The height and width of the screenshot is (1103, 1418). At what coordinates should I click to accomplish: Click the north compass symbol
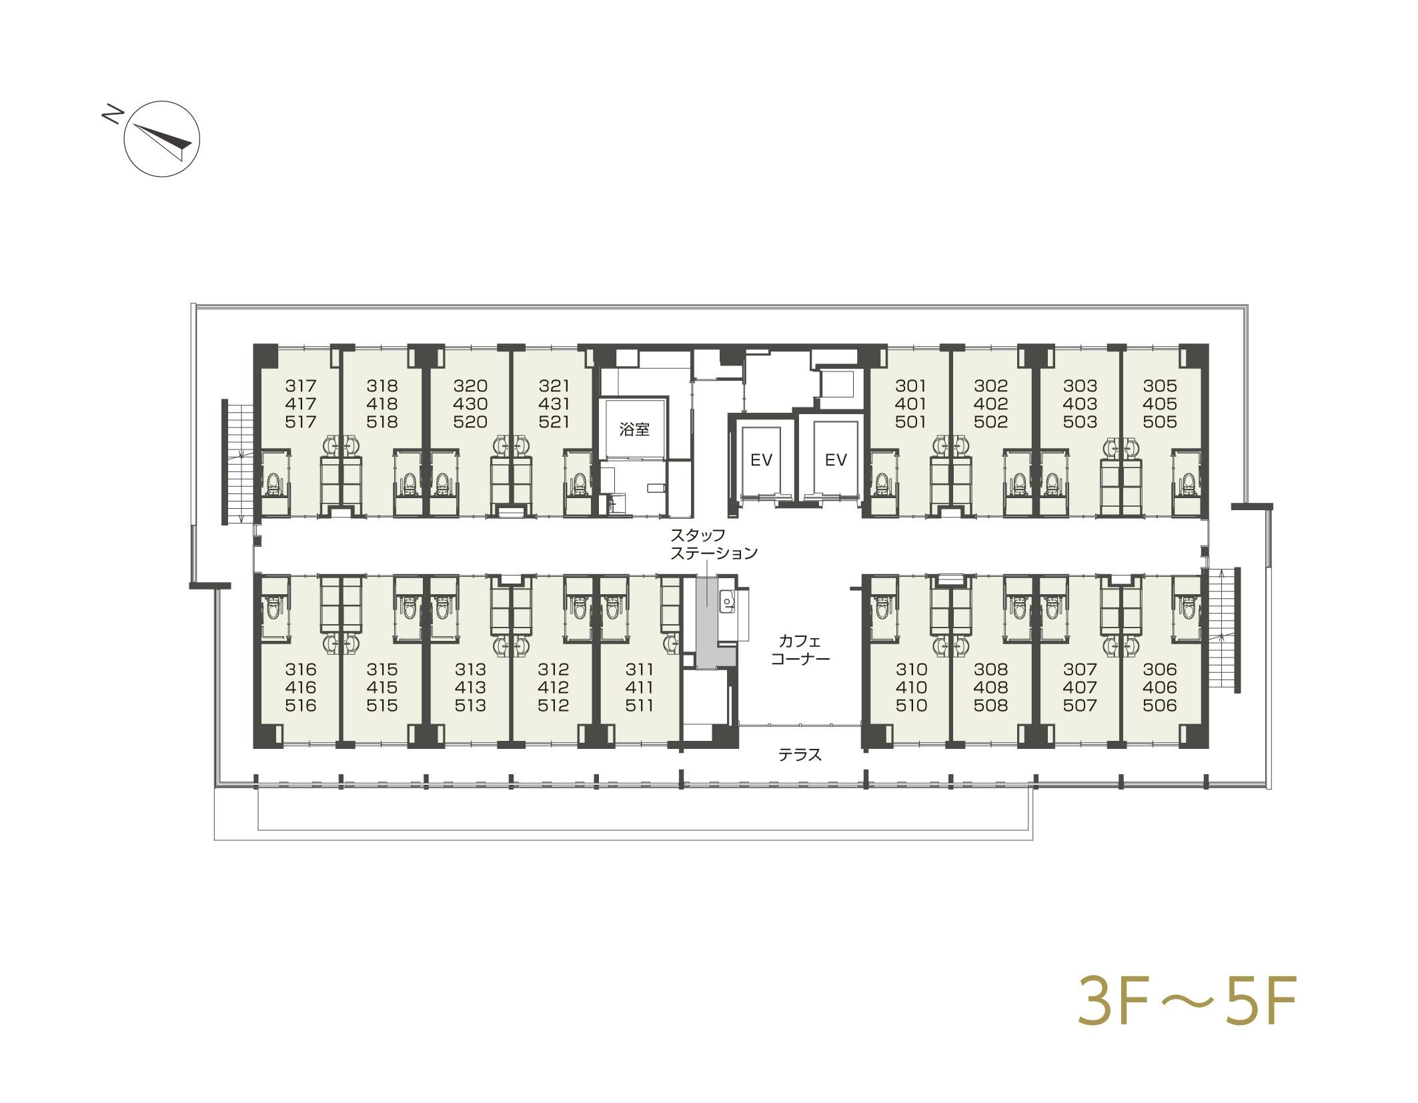coord(162,139)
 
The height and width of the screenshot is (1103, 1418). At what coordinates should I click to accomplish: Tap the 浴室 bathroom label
coord(634,429)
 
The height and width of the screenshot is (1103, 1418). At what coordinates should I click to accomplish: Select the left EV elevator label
coord(761,459)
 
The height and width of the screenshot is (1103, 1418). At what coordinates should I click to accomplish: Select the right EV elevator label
coord(836,459)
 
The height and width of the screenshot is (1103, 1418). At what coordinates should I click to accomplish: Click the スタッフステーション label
coord(714,544)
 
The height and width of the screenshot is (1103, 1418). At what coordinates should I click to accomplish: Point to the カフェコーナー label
coord(800,650)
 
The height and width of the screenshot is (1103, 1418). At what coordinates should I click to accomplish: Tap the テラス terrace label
coord(800,755)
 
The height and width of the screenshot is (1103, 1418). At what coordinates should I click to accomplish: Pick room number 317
coord(301,385)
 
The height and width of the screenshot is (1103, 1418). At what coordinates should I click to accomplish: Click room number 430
coord(470,403)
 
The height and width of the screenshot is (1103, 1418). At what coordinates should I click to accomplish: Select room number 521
coord(554,421)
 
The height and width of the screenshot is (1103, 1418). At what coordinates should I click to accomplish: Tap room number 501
coord(910,421)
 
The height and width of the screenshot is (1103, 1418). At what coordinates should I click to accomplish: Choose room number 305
coord(1160,385)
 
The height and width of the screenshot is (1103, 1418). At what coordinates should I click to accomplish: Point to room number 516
coord(300,705)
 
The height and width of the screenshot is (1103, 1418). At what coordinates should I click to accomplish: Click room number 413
coord(470,687)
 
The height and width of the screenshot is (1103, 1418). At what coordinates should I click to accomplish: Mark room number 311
coord(639,669)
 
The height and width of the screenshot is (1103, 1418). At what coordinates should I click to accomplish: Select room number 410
coord(911,687)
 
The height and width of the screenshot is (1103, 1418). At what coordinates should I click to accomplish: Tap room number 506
coord(1160,705)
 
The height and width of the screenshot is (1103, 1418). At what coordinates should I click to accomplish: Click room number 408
coord(990,687)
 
